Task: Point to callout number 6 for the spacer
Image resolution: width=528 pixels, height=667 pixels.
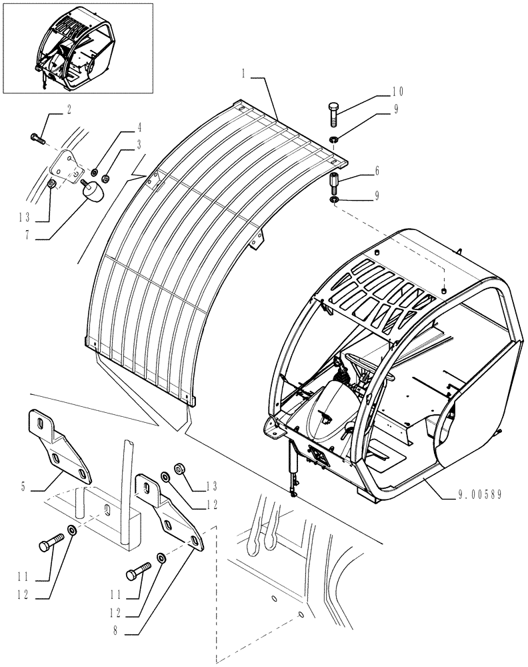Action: (377, 171)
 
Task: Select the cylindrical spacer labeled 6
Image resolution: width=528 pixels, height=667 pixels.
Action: (333, 180)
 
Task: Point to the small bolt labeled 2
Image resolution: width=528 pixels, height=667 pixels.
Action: (36, 139)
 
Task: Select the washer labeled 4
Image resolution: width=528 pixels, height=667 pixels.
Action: (95, 173)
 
